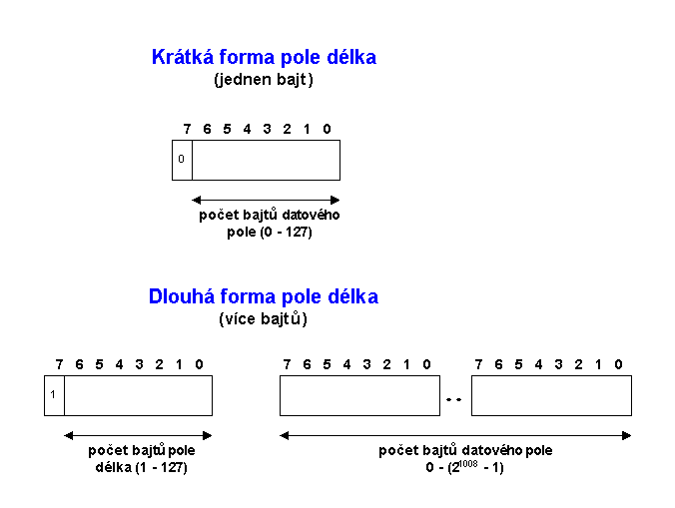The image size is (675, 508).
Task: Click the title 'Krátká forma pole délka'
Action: coord(264,58)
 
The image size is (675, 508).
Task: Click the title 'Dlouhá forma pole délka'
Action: coord(264,297)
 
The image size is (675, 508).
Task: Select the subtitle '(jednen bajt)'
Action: coord(264,80)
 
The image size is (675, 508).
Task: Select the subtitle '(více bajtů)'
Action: coord(264,320)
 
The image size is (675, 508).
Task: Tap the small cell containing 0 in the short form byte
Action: coord(182,160)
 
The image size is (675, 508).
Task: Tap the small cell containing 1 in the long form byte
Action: coord(54,395)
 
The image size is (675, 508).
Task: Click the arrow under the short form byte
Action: coord(266,199)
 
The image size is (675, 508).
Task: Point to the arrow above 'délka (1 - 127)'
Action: coord(138,434)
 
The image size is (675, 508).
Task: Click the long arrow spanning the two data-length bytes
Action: coord(455,434)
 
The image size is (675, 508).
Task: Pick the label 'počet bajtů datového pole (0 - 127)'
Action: coord(256,224)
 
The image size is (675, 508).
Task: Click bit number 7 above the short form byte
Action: coord(187,129)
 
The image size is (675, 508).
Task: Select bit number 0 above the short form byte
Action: coord(328,129)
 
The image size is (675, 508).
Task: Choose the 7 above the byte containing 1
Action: coord(59,364)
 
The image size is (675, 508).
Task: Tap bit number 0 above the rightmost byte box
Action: coord(619,364)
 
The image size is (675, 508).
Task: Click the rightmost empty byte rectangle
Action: coord(551,395)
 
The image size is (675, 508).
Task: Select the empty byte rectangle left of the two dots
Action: coord(359,395)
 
